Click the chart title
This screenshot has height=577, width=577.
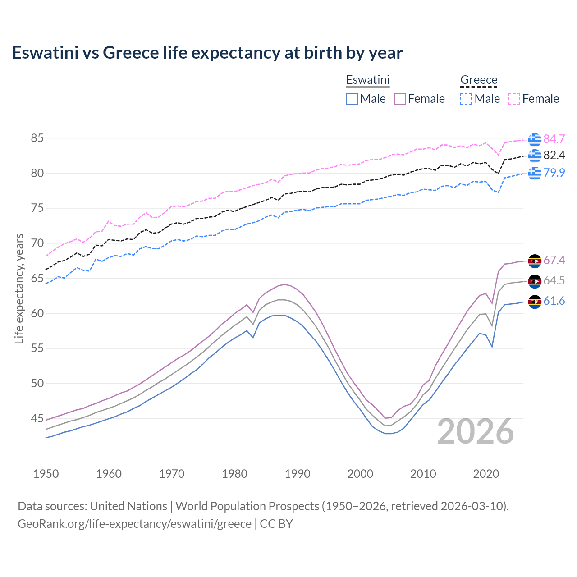tap(207, 53)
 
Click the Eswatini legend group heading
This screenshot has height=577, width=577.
tap(367, 80)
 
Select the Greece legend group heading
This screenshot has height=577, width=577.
tap(478, 80)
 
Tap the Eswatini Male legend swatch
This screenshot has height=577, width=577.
tap(352, 99)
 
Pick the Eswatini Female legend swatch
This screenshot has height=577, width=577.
tap(400, 99)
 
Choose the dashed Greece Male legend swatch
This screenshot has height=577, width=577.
tap(466, 99)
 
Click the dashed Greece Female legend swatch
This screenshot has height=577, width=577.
tap(514, 99)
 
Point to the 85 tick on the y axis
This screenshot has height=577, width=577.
tap(37, 138)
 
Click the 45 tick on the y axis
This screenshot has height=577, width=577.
tap(37, 419)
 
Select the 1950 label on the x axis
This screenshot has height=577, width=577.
tap(46, 474)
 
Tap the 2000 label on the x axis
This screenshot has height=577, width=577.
tap(360, 474)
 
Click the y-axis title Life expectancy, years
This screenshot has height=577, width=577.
tap(19, 288)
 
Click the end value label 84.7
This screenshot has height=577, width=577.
tap(554, 139)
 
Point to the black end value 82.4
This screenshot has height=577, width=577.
tap(554, 156)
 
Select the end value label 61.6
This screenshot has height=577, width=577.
tap(554, 301)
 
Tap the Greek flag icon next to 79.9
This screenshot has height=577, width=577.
tap(535, 173)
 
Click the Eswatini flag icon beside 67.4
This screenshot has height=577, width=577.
tap(535, 261)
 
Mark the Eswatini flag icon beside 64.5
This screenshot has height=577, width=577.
tap(535, 281)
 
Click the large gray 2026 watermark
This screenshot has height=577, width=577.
tap(475, 431)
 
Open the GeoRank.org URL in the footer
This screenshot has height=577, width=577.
tap(134, 524)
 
